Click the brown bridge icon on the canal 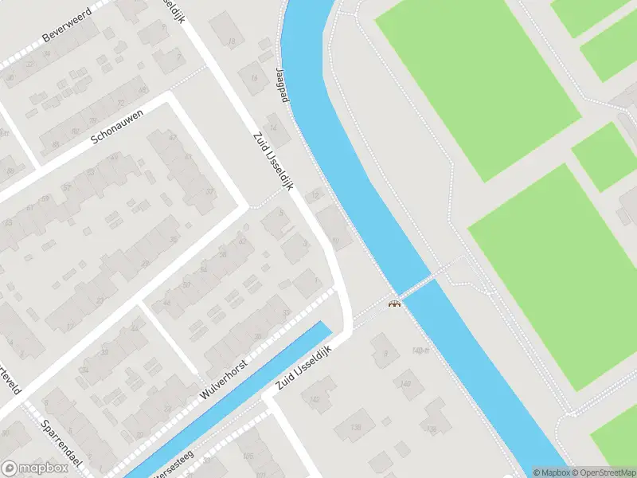pyautogui.click(x=393, y=303)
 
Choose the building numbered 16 pyautogui.click(x=255, y=78)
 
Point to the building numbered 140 pyautogui.click(x=406, y=384)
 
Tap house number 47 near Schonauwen pyautogui.click(x=174, y=137)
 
